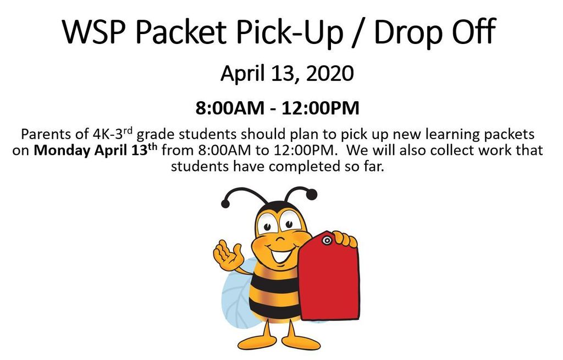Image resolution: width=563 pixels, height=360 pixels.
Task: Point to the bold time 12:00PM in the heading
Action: tap(321, 108)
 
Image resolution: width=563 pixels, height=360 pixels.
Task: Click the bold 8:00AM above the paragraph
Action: tap(230, 108)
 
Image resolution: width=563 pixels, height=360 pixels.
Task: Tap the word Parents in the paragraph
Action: tap(44, 134)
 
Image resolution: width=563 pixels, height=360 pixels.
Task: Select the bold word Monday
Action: tap(62, 151)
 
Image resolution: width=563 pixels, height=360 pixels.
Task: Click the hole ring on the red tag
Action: tap(327, 240)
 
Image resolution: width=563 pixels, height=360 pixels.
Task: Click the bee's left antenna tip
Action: tap(225, 204)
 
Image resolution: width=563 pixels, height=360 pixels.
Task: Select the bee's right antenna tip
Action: tap(312, 195)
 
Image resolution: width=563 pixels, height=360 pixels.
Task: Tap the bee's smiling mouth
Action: tap(281, 254)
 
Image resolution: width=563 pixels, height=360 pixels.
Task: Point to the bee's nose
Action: tap(280, 239)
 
